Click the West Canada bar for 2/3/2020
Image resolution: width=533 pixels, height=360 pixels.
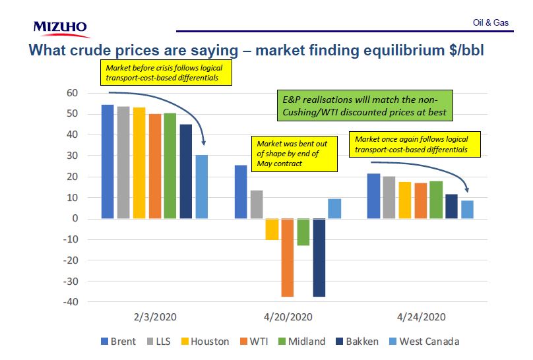pyautogui.click(x=202, y=187)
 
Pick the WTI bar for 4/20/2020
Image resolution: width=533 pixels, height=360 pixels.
pyautogui.click(x=288, y=257)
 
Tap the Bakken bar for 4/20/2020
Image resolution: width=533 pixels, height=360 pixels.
pyautogui.click(x=319, y=257)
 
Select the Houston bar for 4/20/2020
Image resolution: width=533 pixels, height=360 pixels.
pyautogui.click(x=272, y=229)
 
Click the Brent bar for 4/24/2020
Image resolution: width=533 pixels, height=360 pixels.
pyautogui.click(x=373, y=196)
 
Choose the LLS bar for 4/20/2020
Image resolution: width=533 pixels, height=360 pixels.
pyautogui.click(x=257, y=204)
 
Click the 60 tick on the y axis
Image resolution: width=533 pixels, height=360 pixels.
pyautogui.click(x=73, y=93)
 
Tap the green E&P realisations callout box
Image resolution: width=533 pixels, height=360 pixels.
pyautogui.click(x=365, y=105)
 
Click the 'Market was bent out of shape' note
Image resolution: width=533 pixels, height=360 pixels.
pyautogui.click(x=295, y=153)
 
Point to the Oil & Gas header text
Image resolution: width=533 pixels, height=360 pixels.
pyautogui.click(x=491, y=22)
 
